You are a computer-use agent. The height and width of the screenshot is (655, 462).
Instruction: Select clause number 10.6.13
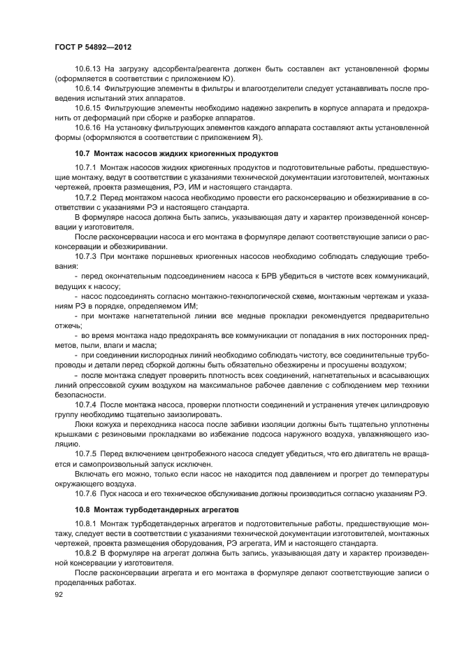pyautogui.click(x=88, y=69)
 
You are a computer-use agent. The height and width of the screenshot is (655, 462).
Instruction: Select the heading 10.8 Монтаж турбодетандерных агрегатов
pyautogui.click(x=157, y=509)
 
